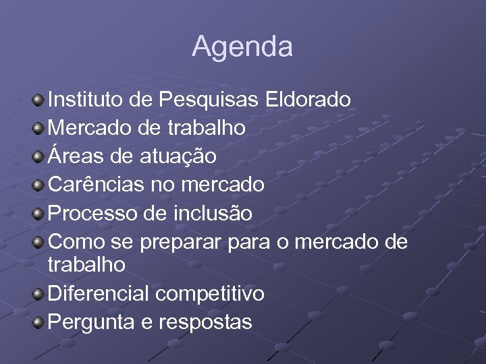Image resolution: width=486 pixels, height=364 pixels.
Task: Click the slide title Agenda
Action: click(x=242, y=47)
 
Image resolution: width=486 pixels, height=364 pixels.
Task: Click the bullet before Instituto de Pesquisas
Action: click(x=39, y=100)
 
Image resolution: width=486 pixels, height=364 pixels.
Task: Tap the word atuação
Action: click(x=178, y=157)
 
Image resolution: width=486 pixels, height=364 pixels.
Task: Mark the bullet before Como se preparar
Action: click(x=39, y=243)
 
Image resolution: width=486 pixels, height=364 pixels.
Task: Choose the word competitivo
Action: click(x=210, y=295)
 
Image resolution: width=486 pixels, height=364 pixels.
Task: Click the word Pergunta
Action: click(x=92, y=323)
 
